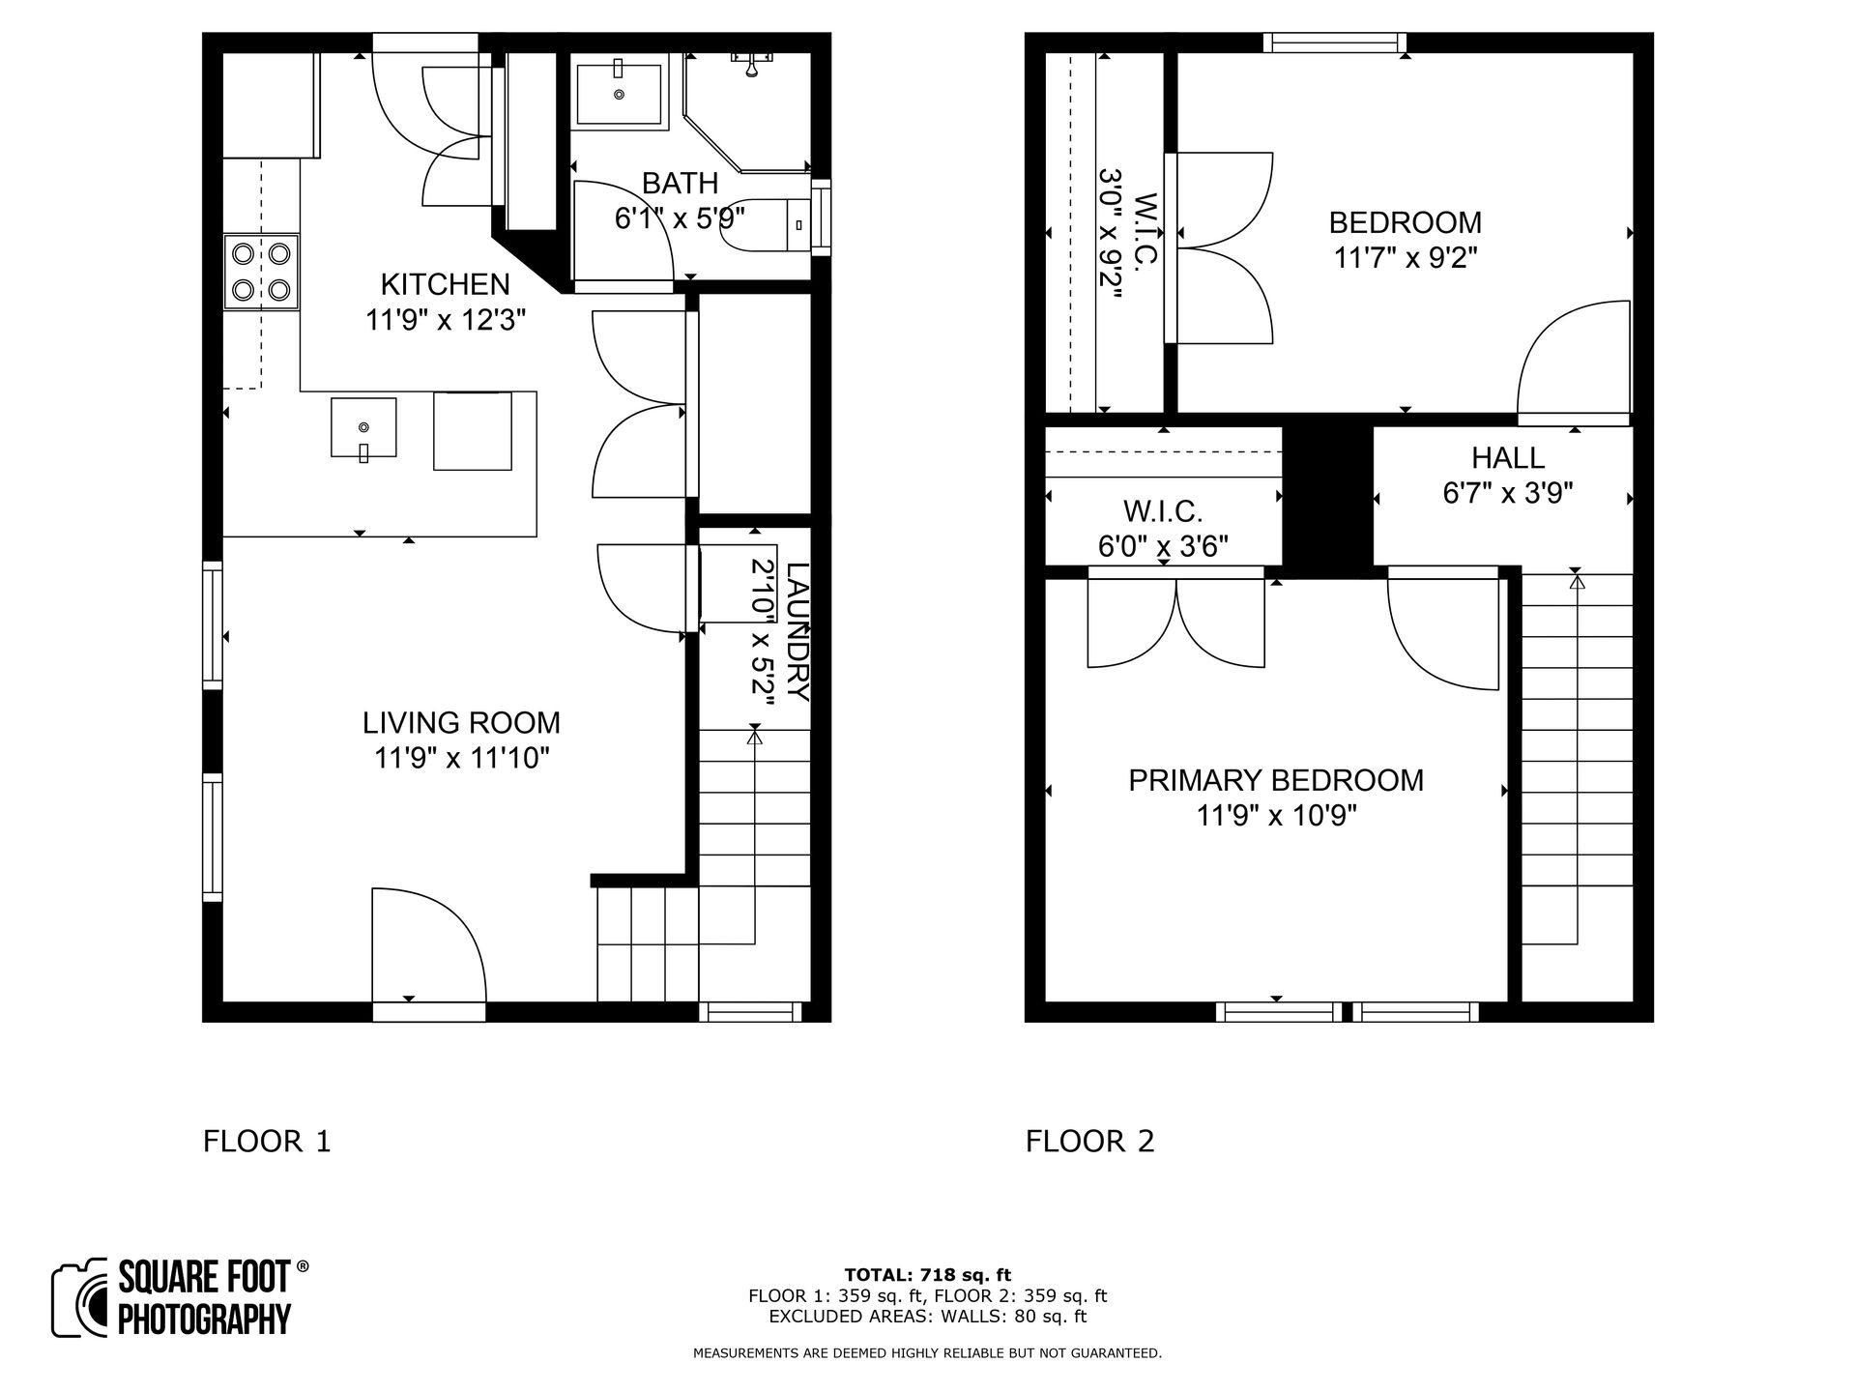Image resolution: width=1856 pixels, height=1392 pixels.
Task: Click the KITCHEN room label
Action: (445, 284)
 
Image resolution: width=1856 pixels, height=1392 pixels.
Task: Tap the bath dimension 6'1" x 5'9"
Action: (680, 218)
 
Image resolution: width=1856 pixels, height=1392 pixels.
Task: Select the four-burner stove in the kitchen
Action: (261, 272)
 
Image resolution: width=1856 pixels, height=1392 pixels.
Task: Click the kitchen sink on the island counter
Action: (363, 427)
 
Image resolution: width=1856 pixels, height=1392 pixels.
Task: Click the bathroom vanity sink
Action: (619, 94)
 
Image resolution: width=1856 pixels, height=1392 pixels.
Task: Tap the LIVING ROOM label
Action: (461, 722)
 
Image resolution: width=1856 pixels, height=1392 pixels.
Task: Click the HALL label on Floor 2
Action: (1507, 457)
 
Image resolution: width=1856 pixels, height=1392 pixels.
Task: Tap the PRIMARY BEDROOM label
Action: (1275, 780)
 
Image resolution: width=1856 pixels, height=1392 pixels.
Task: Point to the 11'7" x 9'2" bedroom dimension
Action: (1406, 258)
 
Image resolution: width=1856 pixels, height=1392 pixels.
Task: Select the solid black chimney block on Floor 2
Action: (1327, 498)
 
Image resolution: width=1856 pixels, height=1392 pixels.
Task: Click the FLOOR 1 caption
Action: (267, 1142)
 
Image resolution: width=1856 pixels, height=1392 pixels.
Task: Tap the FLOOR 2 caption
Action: (1089, 1142)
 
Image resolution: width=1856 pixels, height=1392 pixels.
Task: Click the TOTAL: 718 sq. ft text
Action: (927, 1275)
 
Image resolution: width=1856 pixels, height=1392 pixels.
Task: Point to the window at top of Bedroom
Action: (1334, 43)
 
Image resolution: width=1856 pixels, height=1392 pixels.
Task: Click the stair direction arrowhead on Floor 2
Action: (1577, 582)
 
